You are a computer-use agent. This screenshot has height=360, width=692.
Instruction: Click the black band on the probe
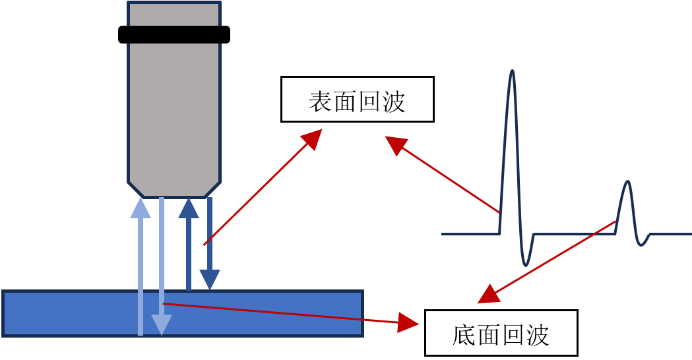tap(174, 34)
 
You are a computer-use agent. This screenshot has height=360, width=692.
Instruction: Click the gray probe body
tap(174, 112)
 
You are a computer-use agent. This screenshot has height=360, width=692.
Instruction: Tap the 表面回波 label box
tap(357, 100)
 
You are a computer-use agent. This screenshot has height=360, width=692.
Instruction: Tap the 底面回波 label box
tap(501, 332)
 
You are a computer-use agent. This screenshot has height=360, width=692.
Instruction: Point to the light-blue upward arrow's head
tap(141, 208)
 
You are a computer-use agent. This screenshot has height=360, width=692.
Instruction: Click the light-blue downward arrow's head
tap(162, 325)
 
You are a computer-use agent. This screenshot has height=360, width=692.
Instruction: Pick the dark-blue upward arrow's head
tap(189, 208)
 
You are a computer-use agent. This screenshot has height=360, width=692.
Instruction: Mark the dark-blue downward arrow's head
tap(210, 280)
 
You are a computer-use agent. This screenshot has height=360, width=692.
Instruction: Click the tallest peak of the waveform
tap(513, 73)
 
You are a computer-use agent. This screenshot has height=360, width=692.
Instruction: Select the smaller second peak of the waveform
tap(628, 183)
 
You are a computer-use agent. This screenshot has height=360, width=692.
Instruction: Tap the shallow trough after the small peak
tap(642, 245)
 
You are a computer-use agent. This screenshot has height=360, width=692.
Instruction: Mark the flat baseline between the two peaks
tap(574, 234)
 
